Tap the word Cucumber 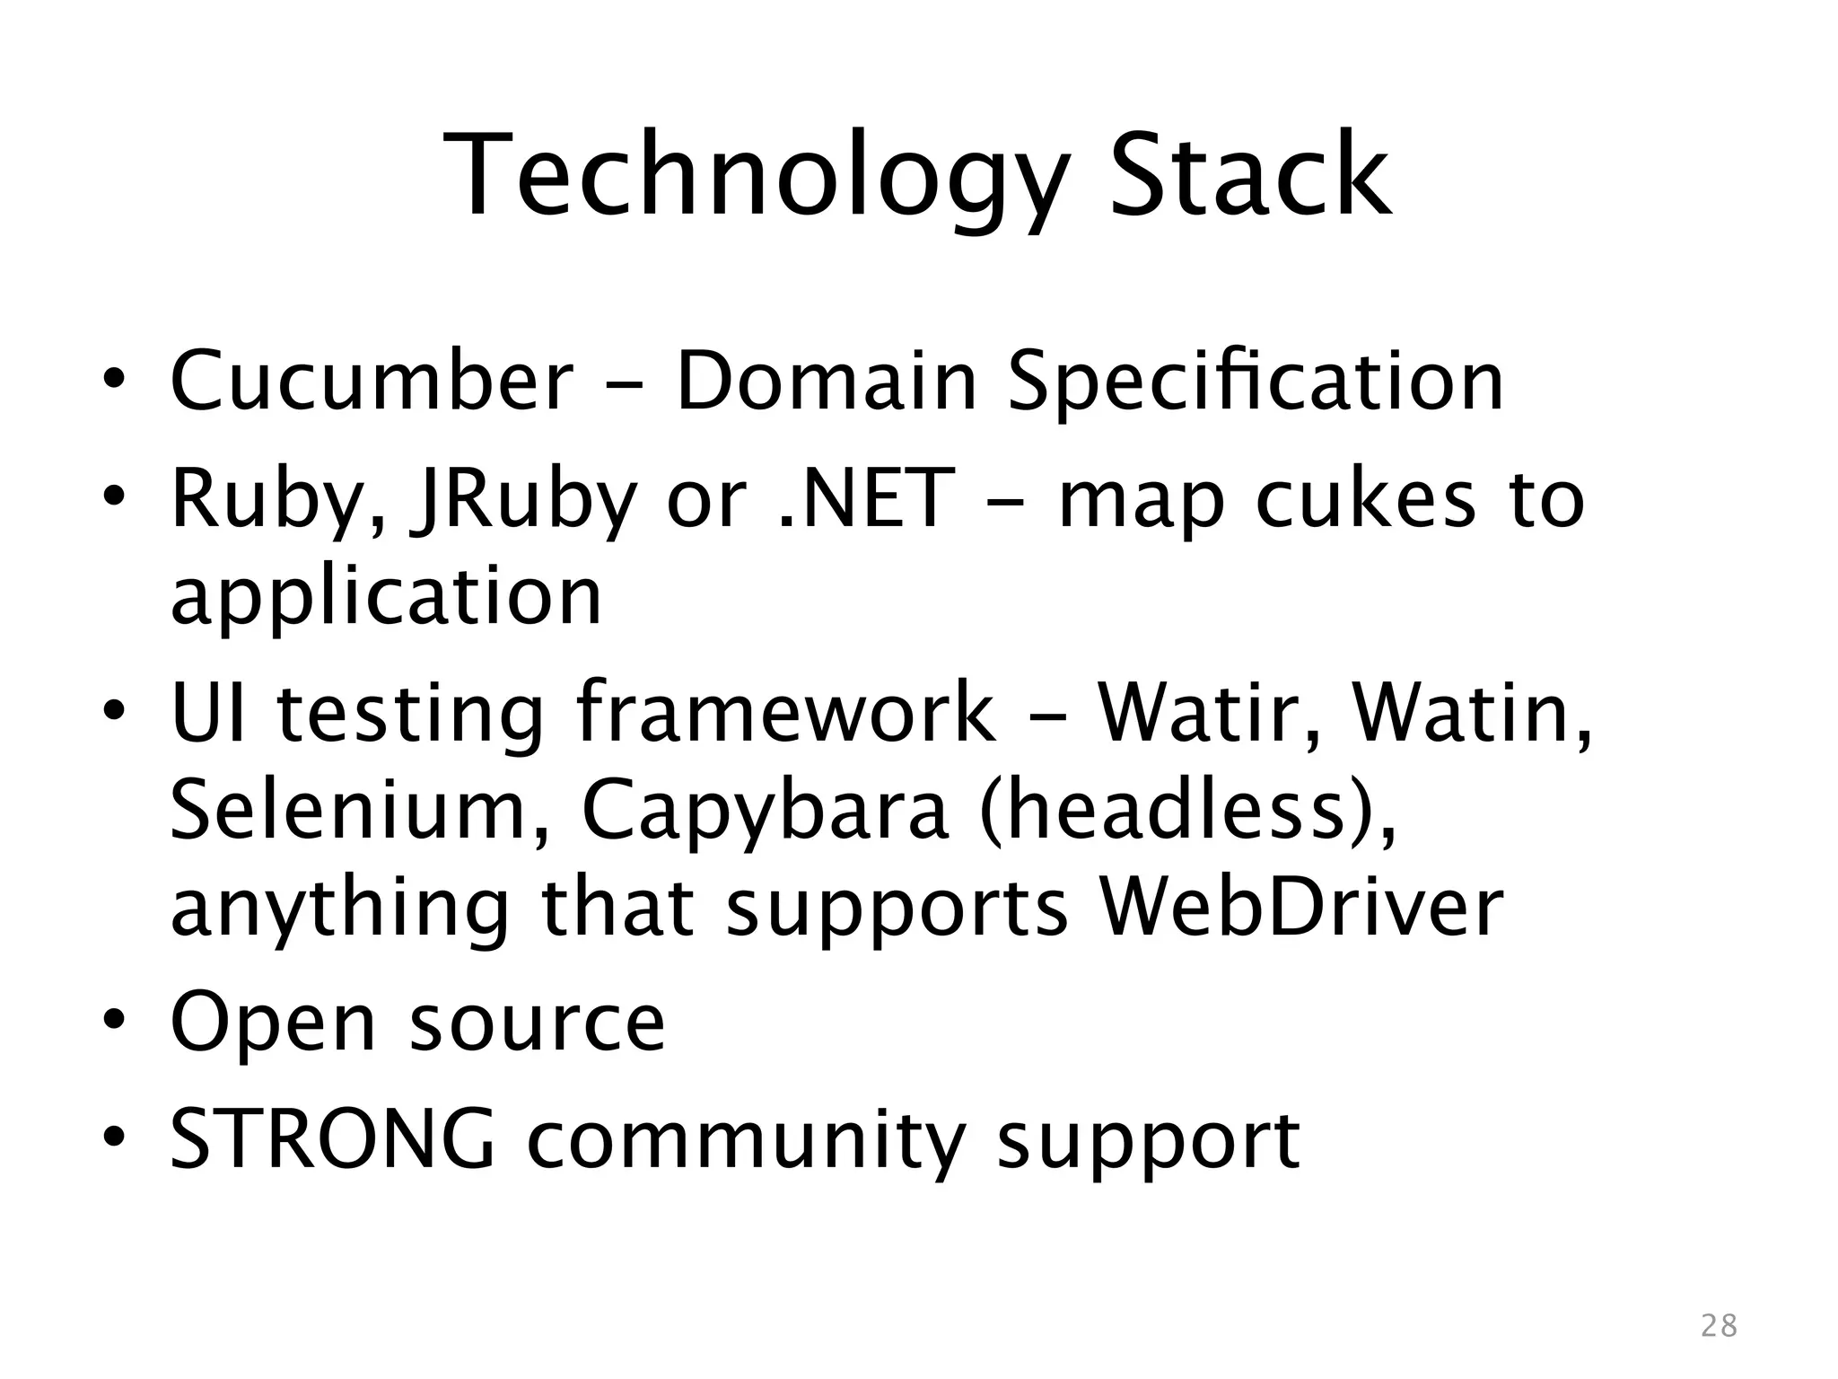(371, 381)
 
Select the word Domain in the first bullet (825, 381)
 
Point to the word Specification (1255, 382)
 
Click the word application (386, 598)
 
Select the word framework (785, 714)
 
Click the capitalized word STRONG (332, 1138)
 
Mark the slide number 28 (1720, 1325)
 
